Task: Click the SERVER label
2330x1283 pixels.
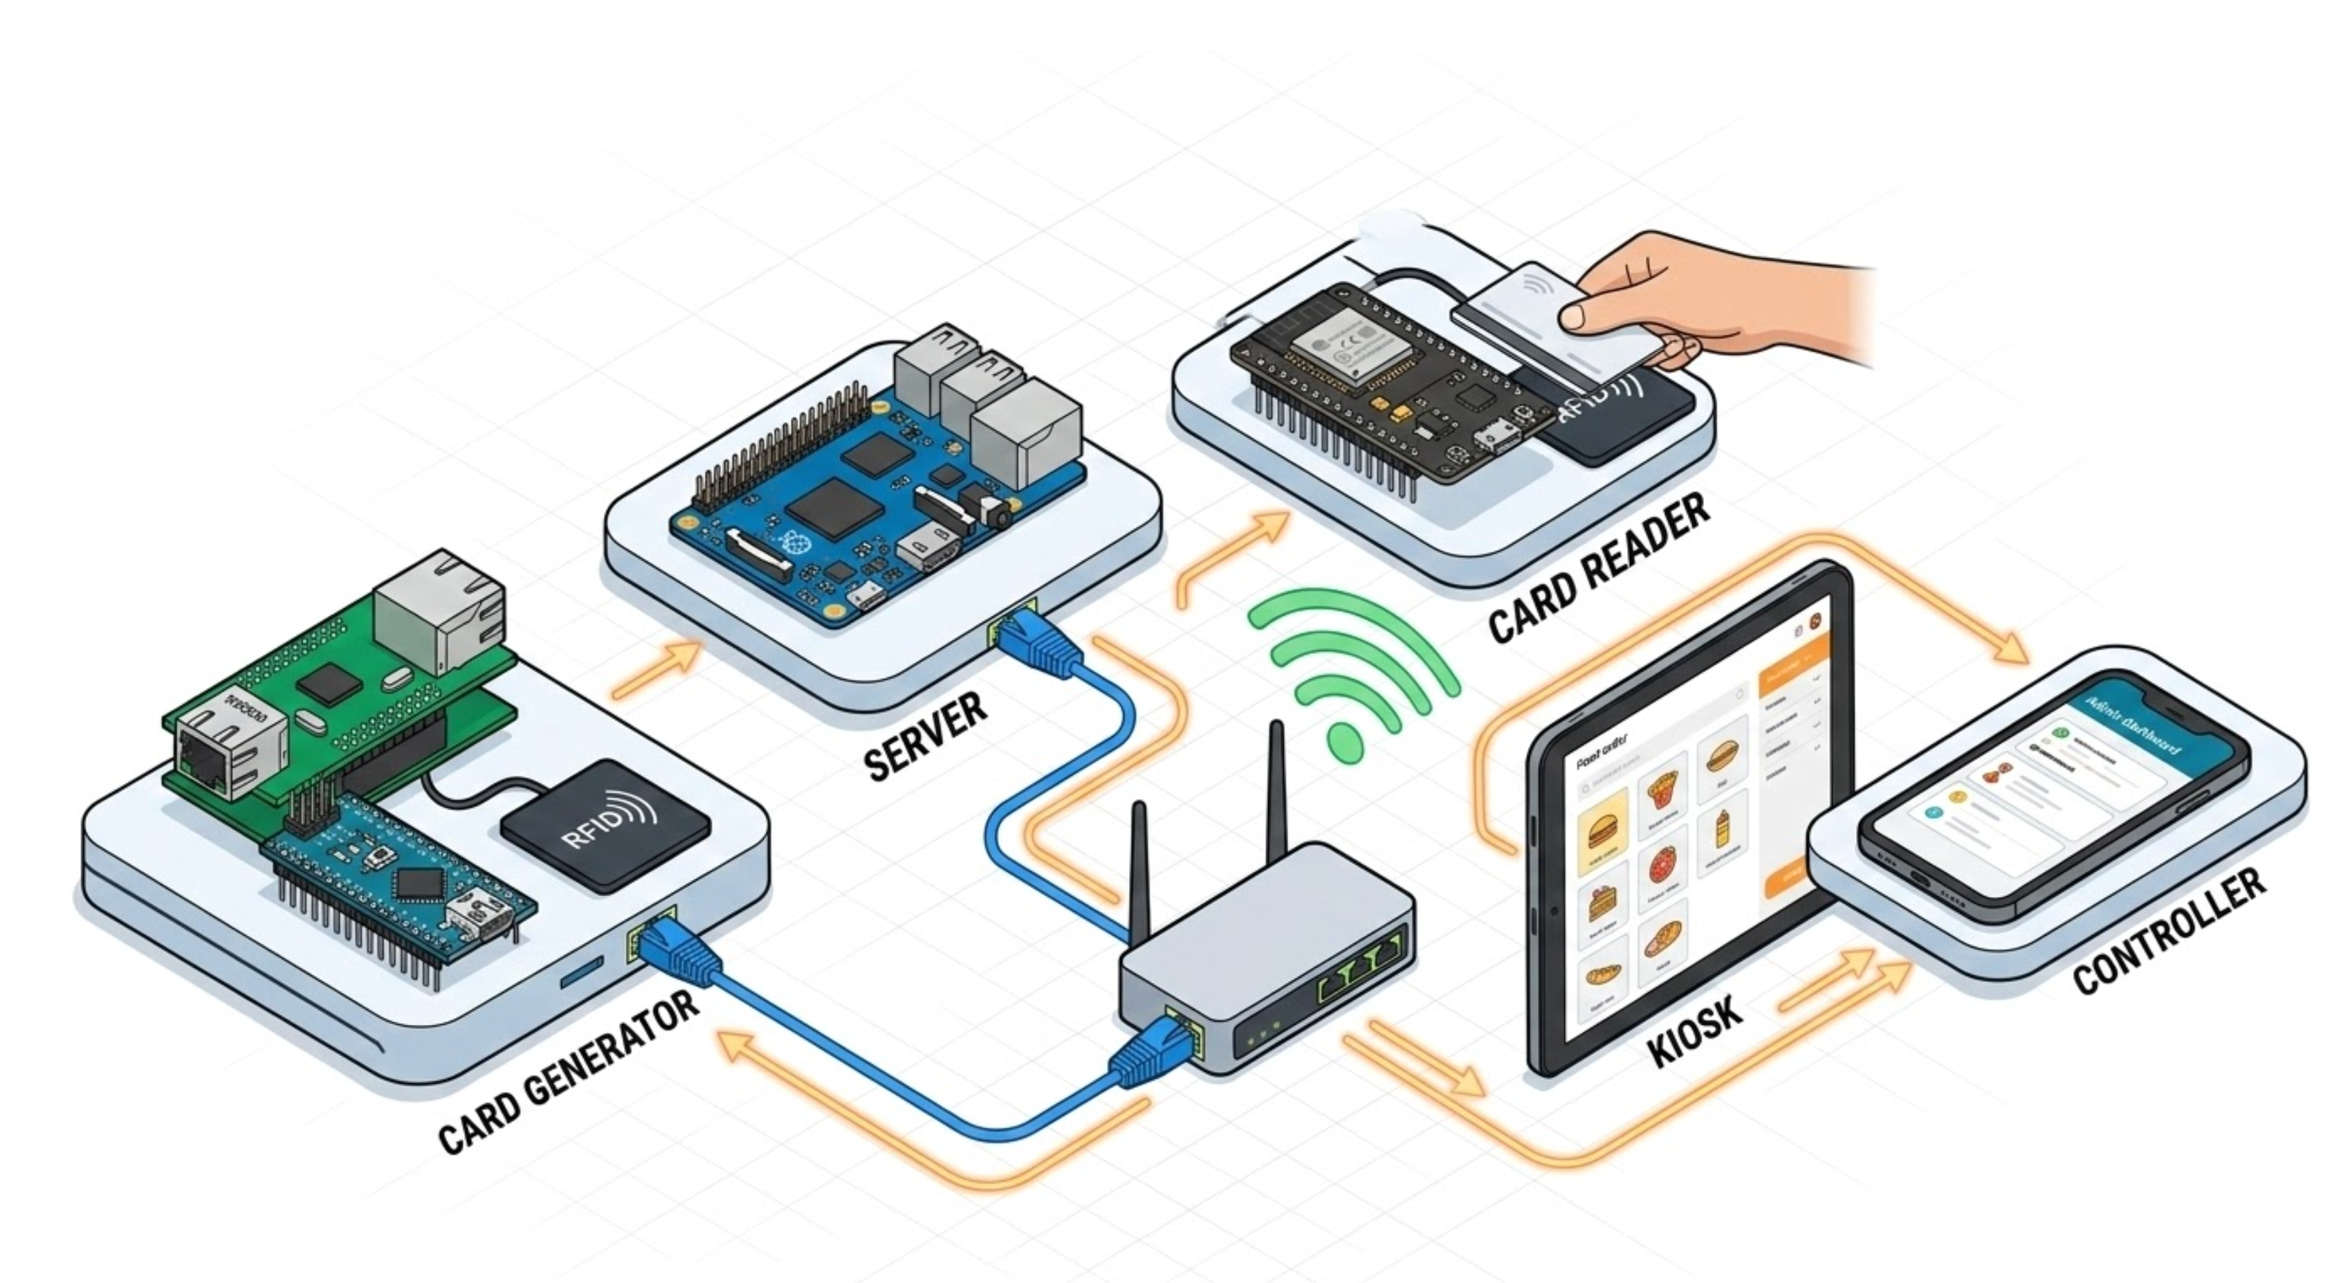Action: (924, 736)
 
